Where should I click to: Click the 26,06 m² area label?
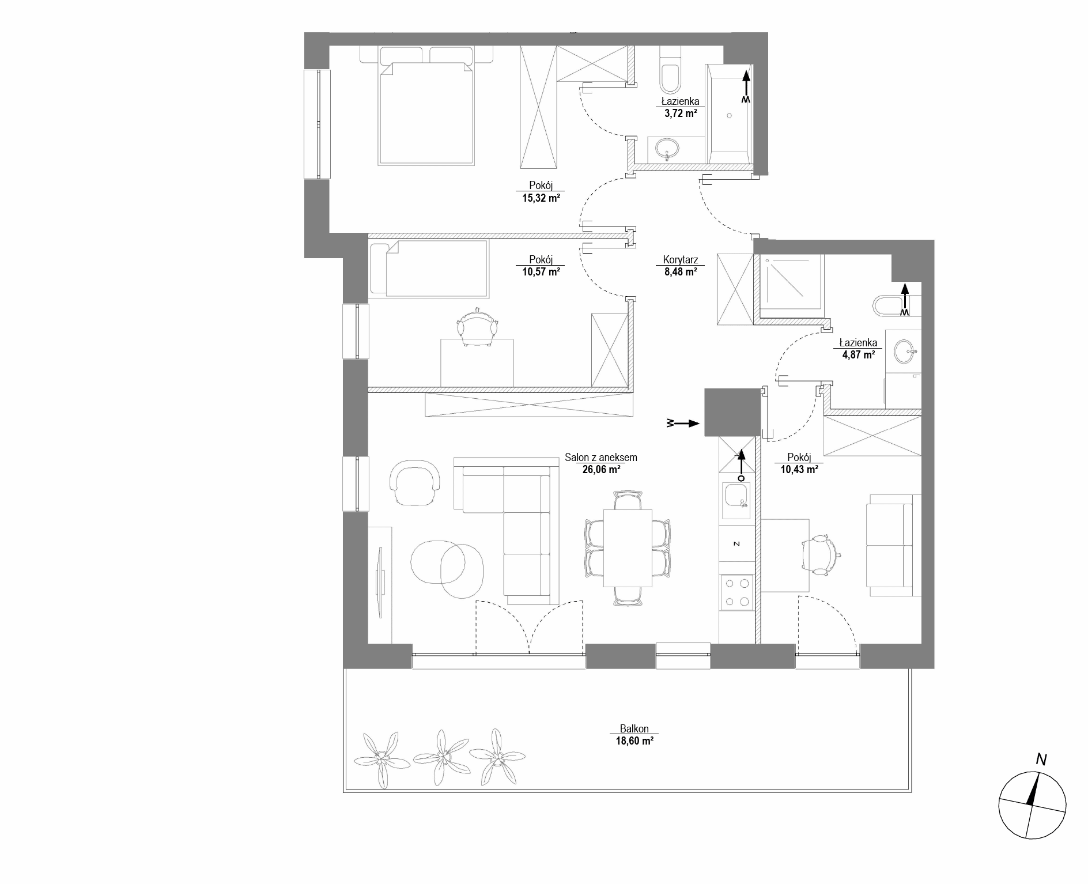tap(601, 470)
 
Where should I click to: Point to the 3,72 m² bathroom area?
tap(681, 113)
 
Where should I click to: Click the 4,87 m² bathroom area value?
tap(859, 354)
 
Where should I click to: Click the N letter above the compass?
tap(1041, 760)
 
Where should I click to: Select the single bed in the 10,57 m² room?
tap(428, 269)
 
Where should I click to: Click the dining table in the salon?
tap(628, 548)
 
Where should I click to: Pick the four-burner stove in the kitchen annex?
tap(736, 592)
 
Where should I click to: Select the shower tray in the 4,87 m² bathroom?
tap(792, 285)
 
